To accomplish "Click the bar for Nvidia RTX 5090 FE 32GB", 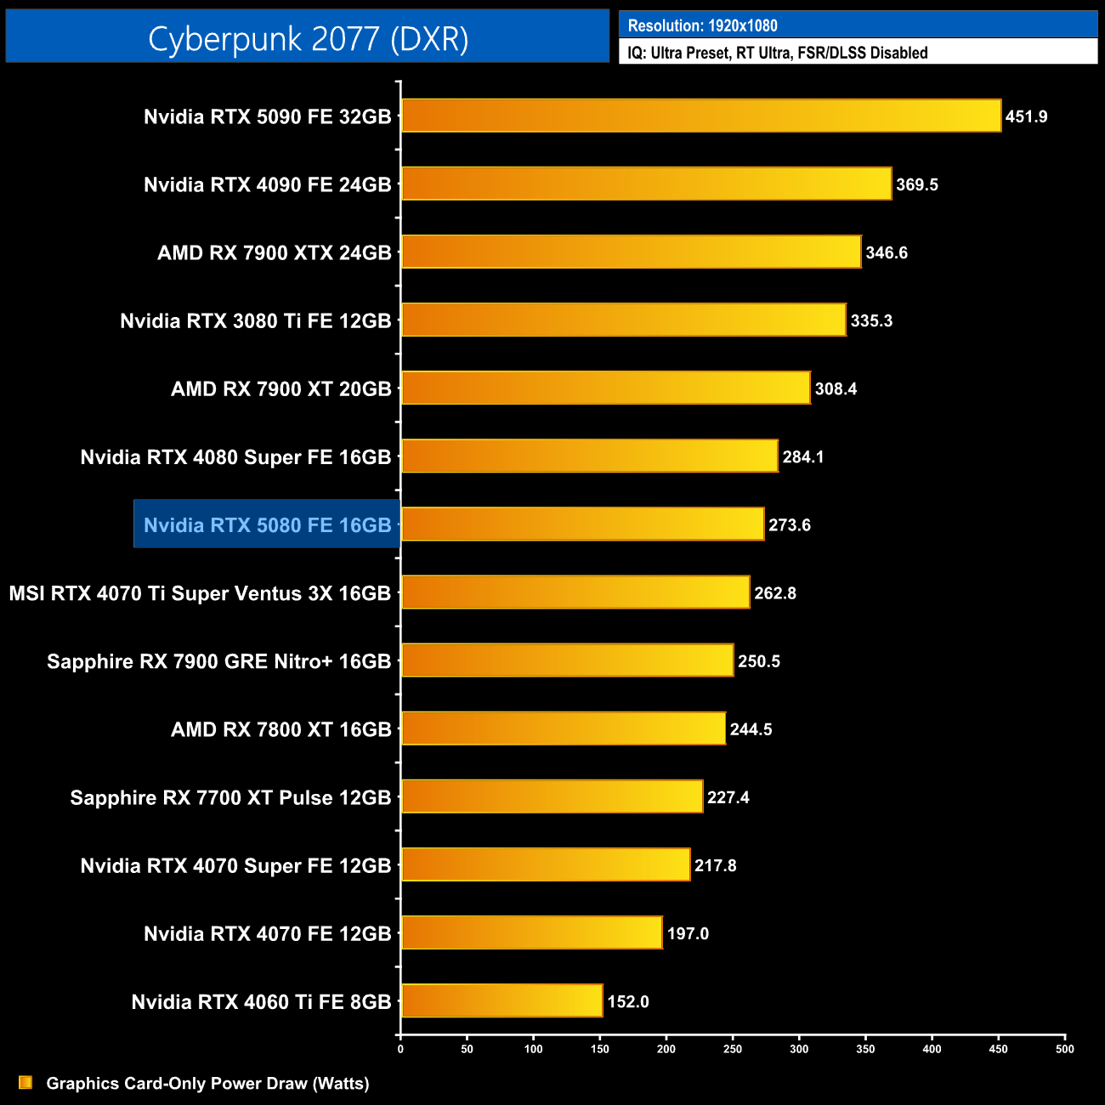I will point(701,116).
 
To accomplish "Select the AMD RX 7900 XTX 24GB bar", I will point(631,252).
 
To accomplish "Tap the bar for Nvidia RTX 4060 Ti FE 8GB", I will point(501,1000).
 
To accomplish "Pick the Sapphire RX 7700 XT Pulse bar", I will point(552,796).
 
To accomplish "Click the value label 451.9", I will point(1026,116).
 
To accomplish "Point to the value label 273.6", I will point(790,525).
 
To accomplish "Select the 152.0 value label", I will point(628,1002).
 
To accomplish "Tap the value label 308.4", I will point(836,389).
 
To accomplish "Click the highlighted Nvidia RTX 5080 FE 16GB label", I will point(267,525).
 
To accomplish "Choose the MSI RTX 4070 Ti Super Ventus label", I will point(200,593).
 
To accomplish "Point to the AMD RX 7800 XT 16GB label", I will point(281,729).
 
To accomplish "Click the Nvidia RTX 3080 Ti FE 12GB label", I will point(256,321).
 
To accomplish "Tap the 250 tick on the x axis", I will point(733,1049).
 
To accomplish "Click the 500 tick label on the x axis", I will point(1064,1049).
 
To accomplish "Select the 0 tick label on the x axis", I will point(400,1049).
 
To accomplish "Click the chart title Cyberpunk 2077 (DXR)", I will point(308,39).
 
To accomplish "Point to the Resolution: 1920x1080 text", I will point(702,25).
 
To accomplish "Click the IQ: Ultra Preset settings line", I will point(777,53).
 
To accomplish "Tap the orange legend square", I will point(25,1083).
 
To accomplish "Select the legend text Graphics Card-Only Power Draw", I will point(207,1084).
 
